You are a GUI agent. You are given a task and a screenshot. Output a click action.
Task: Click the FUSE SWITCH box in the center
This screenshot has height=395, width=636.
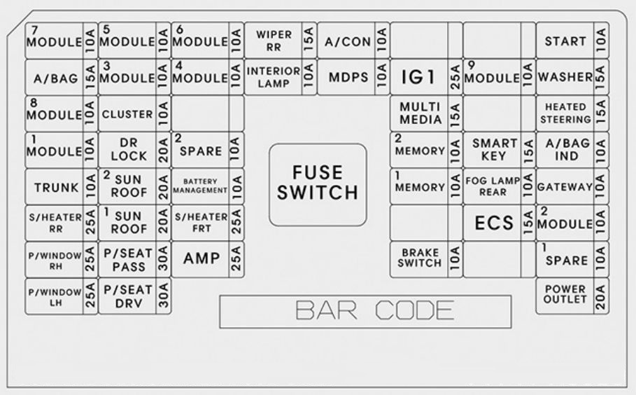[x=318, y=184]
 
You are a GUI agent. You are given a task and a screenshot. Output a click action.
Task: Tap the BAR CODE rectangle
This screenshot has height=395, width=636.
[x=365, y=312]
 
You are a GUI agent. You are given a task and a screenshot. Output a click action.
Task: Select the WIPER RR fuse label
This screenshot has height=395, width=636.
[x=274, y=41]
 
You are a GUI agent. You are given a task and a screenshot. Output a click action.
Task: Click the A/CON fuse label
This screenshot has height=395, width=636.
[x=348, y=41]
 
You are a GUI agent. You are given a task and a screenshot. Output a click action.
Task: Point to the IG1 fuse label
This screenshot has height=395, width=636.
[x=418, y=77]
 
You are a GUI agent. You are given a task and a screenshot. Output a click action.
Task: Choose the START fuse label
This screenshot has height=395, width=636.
[x=565, y=41]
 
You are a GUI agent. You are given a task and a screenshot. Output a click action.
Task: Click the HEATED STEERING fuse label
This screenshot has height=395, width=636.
[x=565, y=113]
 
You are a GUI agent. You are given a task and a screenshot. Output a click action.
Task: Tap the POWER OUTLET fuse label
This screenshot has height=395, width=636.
[x=565, y=294]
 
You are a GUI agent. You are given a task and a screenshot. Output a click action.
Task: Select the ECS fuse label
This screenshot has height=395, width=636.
[x=494, y=223]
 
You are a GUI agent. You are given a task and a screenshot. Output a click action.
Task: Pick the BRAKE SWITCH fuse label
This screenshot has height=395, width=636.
[x=420, y=258]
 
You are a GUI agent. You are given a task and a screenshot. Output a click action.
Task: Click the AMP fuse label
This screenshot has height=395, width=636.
[x=202, y=258]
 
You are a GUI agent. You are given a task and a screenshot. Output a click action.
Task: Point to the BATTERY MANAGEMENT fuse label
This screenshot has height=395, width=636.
[x=200, y=186]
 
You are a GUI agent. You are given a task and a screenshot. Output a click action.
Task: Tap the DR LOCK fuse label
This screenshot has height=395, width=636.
[x=129, y=149]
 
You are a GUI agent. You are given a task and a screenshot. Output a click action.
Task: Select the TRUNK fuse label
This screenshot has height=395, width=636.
[x=56, y=188]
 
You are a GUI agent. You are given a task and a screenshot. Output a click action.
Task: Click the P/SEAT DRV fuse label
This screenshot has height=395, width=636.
[x=128, y=296]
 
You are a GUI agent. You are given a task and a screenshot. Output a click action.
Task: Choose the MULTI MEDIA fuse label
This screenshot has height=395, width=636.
[x=421, y=113]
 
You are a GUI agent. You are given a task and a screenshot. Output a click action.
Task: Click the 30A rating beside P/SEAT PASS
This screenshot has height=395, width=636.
[x=163, y=258]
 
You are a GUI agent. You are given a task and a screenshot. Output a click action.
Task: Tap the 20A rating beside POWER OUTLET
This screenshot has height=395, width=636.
[x=601, y=297]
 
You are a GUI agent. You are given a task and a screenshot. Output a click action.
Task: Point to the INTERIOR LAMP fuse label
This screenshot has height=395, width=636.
[x=274, y=77]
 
